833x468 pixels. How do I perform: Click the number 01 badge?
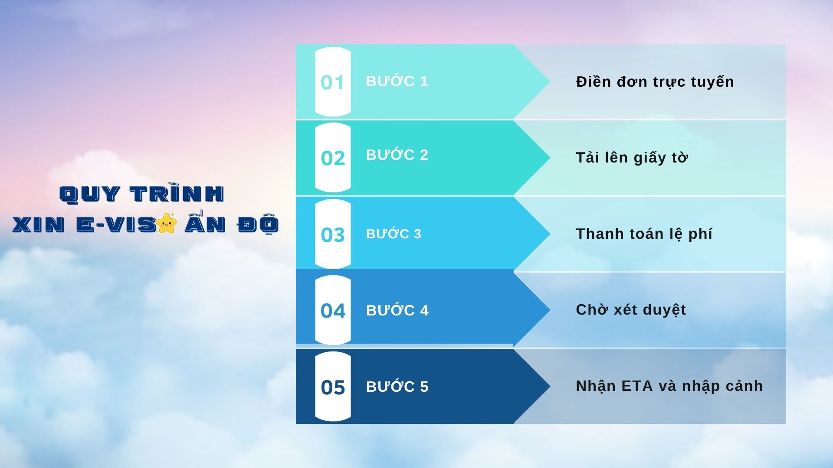(x=333, y=81)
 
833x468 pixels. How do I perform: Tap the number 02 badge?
(x=333, y=157)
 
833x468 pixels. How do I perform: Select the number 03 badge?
(x=333, y=234)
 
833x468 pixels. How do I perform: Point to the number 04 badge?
(x=333, y=310)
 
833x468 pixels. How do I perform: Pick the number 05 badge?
(x=333, y=387)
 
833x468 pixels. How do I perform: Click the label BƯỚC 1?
(x=397, y=81)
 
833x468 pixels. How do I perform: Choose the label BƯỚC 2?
(x=397, y=154)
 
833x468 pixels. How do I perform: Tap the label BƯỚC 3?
(x=394, y=234)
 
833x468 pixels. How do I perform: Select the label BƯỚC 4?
(x=397, y=310)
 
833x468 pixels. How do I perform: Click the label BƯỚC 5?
(x=397, y=386)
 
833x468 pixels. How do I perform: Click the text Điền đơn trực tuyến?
(x=655, y=82)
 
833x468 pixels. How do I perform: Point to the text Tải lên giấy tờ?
(x=632, y=158)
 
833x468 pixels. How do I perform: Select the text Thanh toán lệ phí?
(x=644, y=234)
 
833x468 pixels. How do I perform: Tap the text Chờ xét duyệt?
(x=631, y=310)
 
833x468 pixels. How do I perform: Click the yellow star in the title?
(x=167, y=223)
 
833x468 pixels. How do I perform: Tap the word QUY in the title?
(x=89, y=194)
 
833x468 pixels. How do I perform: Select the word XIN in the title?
(x=39, y=224)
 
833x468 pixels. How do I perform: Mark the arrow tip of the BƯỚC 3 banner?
(x=550, y=234)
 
